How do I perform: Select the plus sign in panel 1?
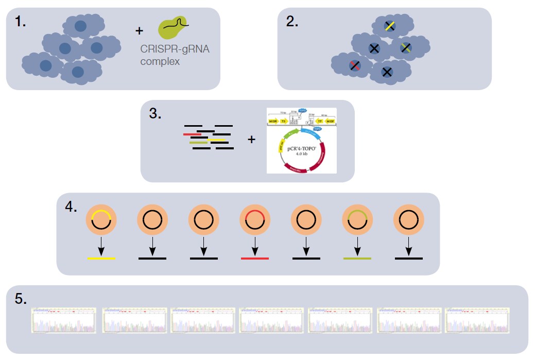(x=139, y=31)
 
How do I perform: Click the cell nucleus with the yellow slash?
(x=390, y=26)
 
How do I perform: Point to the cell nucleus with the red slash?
(x=354, y=65)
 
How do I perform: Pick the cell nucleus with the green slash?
(x=406, y=48)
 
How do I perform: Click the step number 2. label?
(x=292, y=21)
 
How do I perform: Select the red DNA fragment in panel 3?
(x=192, y=134)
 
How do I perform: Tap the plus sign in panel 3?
(x=252, y=139)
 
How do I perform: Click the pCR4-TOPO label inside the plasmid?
(x=301, y=147)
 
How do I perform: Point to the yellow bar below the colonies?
(x=101, y=258)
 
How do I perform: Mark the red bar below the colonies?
(x=255, y=258)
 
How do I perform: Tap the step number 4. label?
(x=71, y=208)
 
